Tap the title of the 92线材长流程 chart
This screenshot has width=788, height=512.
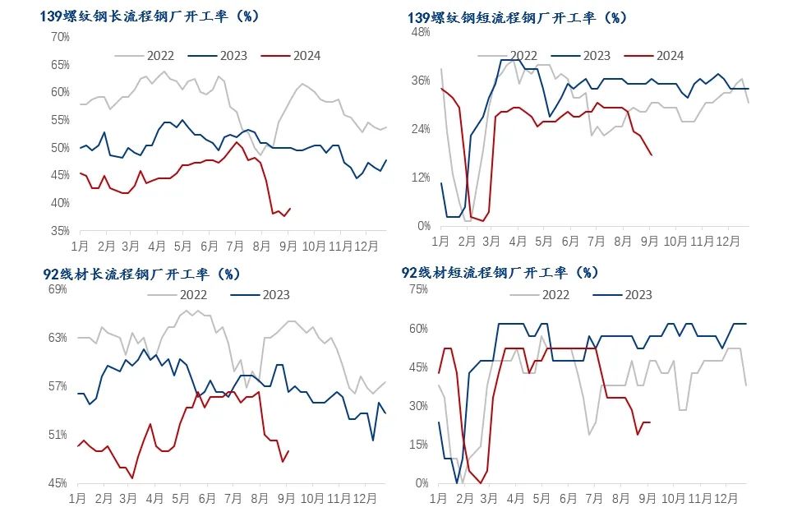click(141, 273)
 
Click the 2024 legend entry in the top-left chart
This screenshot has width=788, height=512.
click(291, 56)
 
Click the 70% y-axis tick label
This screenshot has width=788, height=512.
click(60, 37)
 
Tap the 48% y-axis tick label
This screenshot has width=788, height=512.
click(421, 32)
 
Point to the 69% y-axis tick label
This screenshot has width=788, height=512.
click(58, 289)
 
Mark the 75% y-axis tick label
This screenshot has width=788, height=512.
click(419, 289)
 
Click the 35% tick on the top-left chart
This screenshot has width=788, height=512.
click(60, 231)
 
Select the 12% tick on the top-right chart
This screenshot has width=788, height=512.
click(421, 178)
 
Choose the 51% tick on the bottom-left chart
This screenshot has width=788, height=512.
click(58, 435)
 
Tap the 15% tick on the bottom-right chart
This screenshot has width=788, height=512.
click(419, 445)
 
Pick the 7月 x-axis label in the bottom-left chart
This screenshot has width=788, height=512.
click(234, 499)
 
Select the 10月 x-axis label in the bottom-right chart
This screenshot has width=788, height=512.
click(675, 499)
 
